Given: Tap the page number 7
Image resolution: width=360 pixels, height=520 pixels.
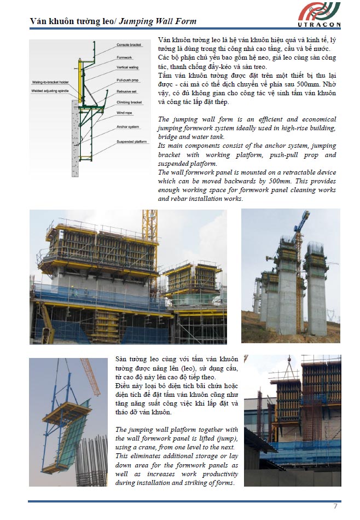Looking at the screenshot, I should pos(335,505).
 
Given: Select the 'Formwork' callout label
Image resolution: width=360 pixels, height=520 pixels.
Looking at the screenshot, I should pos(124,57).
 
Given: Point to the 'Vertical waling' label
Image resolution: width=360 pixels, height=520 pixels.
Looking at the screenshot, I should pos(128,67).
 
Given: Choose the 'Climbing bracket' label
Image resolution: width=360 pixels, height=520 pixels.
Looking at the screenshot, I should pos(129,102).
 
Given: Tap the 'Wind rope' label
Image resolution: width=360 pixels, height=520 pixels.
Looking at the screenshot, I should pos(125,112).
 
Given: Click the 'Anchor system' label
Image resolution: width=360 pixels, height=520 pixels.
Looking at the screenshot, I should pos(127,127).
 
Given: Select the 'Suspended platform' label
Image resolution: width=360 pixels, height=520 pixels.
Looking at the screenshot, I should pos(131,141).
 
